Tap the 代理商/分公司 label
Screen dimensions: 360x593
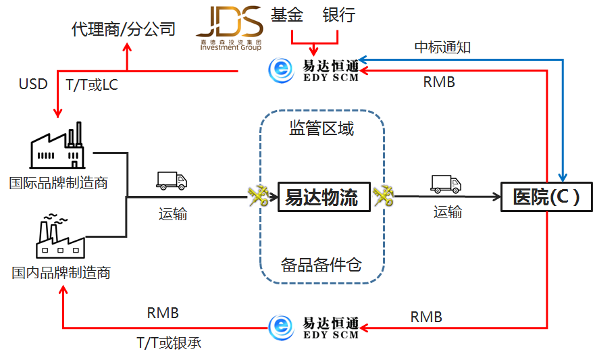[123, 29]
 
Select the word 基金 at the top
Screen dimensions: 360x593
[287, 16]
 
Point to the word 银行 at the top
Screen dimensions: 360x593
[339, 16]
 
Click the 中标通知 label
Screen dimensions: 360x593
[442, 47]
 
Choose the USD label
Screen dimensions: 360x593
[33, 84]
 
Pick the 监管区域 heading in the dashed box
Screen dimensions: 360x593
[321, 128]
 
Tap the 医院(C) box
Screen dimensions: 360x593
[546, 197]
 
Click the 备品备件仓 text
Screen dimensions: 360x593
[321, 264]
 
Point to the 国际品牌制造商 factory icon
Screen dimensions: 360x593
[59, 145]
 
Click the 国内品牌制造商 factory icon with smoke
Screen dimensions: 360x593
[59, 236]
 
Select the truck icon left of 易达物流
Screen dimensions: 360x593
[172, 180]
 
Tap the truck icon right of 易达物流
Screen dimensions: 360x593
[446, 184]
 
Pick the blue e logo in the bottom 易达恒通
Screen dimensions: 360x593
[281, 328]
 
